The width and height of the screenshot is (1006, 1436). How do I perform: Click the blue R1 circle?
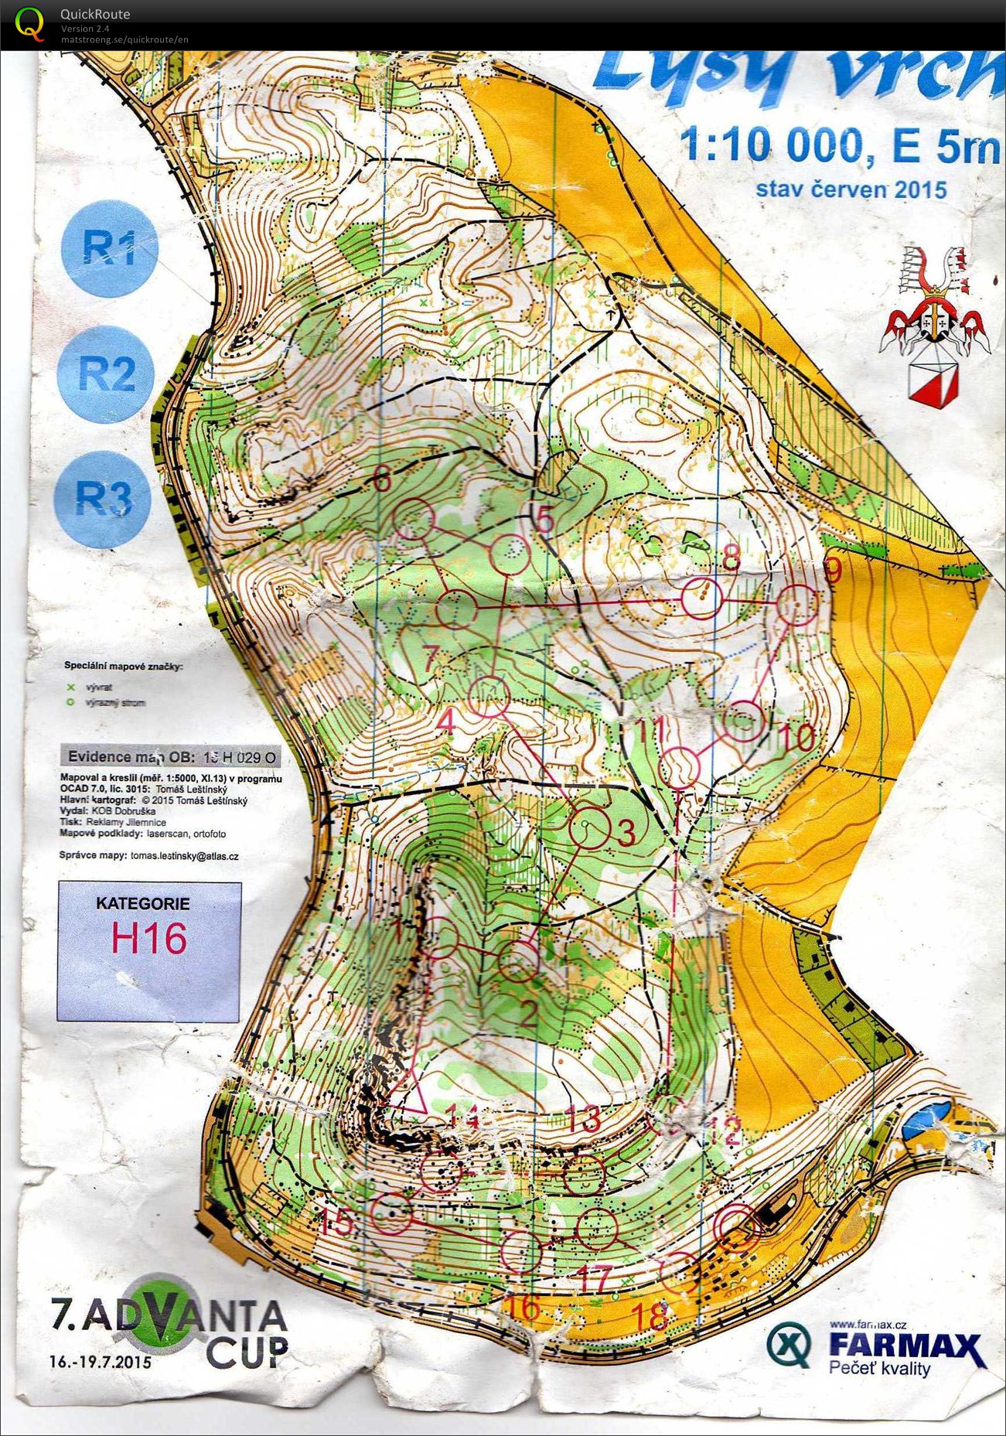tap(110, 248)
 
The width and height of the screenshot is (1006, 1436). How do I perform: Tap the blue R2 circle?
tap(107, 373)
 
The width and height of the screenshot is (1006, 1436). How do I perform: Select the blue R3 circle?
tap(103, 500)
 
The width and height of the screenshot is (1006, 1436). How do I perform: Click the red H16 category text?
tap(148, 938)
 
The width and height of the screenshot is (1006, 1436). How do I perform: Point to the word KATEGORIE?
tap(142, 903)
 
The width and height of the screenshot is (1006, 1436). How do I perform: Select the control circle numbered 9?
tap(796, 605)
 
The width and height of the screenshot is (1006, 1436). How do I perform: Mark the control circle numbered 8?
tap(702, 598)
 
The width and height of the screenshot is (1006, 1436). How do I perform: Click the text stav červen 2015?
tap(851, 189)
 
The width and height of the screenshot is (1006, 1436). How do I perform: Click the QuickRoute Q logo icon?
tap(29, 22)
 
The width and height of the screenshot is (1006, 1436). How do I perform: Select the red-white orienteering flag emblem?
tap(932, 380)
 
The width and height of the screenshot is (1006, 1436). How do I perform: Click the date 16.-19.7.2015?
tap(100, 1360)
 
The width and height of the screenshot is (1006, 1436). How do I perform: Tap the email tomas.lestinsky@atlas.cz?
tap(184, 856)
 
